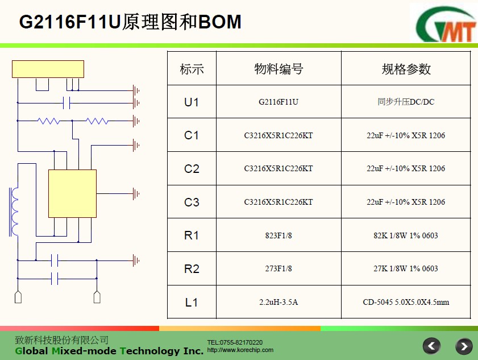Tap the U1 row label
tap(192, 102)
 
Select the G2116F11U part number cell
tap(279, 102)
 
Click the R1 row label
tap(192, 235)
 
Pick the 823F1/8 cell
tap(279, 235)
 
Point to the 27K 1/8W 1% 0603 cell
tap(406, 268)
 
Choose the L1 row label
tap(192, 303)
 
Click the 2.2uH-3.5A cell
tap(279, 302)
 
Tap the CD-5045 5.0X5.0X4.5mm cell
tap(406, 302)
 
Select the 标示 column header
tap(192, 69)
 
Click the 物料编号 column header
tap(279, 69)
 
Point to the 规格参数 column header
tap(406, 69)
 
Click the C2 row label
tap(192, 169)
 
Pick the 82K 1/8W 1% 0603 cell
tap(406, 235)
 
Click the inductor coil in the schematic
tap(14, 212)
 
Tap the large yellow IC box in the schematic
tap(73, 194)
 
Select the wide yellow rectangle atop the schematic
tap(48, 69)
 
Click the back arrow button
tap(431, 346)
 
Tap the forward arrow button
tap(464, 346)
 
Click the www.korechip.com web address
tap(240, 350)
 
